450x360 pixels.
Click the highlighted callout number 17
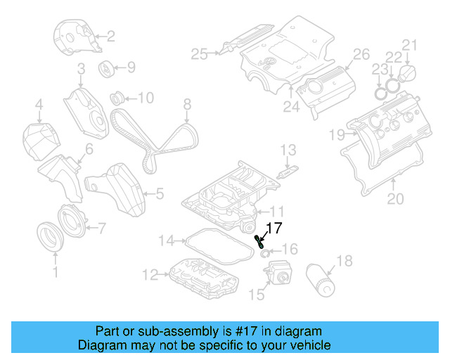pyautogui.click(x=274, y=228)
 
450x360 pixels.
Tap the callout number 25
pyautogui.click(x=200, y=53)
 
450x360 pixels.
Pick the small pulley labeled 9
pyautogui.click(x=108, y=69)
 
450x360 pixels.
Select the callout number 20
pyautogui.click(x=396, y=199)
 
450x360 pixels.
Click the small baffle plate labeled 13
pyautogui.click(x=287, y=172)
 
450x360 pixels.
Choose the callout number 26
pyautogui.click(x=360, y=54)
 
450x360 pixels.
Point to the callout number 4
pyautogui.click(x=39, y=107)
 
